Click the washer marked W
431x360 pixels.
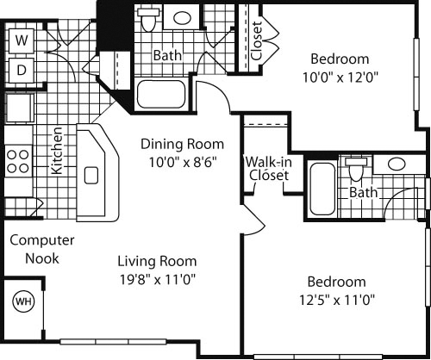tap(21, 40)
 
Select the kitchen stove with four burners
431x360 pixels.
tap(18, 161)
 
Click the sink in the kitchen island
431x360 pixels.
tap(91, 177)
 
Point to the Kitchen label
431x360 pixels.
tap(57, 152)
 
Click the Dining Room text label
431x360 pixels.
tap(183, 144)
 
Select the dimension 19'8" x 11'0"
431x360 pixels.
tap(158, 277)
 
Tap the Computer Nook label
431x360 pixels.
tap(42, 249)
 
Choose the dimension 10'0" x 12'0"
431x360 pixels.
tap(339, 76)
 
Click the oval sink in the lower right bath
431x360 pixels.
tap(397, 164)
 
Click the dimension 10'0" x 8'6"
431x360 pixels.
tap(183, 160)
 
